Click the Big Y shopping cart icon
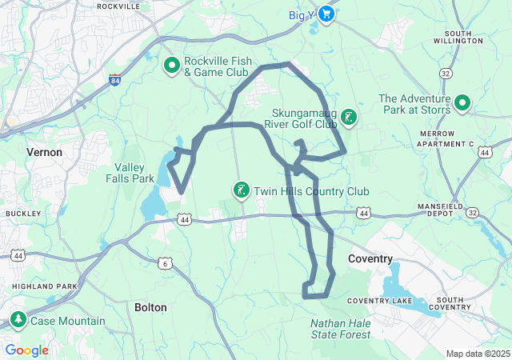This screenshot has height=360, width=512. (326, 14)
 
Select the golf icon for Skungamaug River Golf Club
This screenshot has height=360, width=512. (349, 118)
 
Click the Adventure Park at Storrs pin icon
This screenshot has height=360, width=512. (462, 102)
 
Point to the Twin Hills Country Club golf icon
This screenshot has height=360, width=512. (240, 190)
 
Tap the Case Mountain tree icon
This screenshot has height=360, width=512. (18, 320)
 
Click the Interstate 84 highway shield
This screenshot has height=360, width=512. (115, 80)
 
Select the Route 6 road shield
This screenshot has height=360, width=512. (165, 262)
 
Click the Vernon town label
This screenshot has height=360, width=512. (44, 151)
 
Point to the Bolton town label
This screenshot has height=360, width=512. (150, 307)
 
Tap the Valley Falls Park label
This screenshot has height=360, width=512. (130, 173)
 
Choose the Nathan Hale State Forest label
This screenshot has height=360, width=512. (341, 329)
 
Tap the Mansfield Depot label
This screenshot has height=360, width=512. (440, 210)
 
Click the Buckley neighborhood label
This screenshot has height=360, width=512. (18, 214)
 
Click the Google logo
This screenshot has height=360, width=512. (26, 350)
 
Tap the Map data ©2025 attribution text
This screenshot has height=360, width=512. (477, 354)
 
